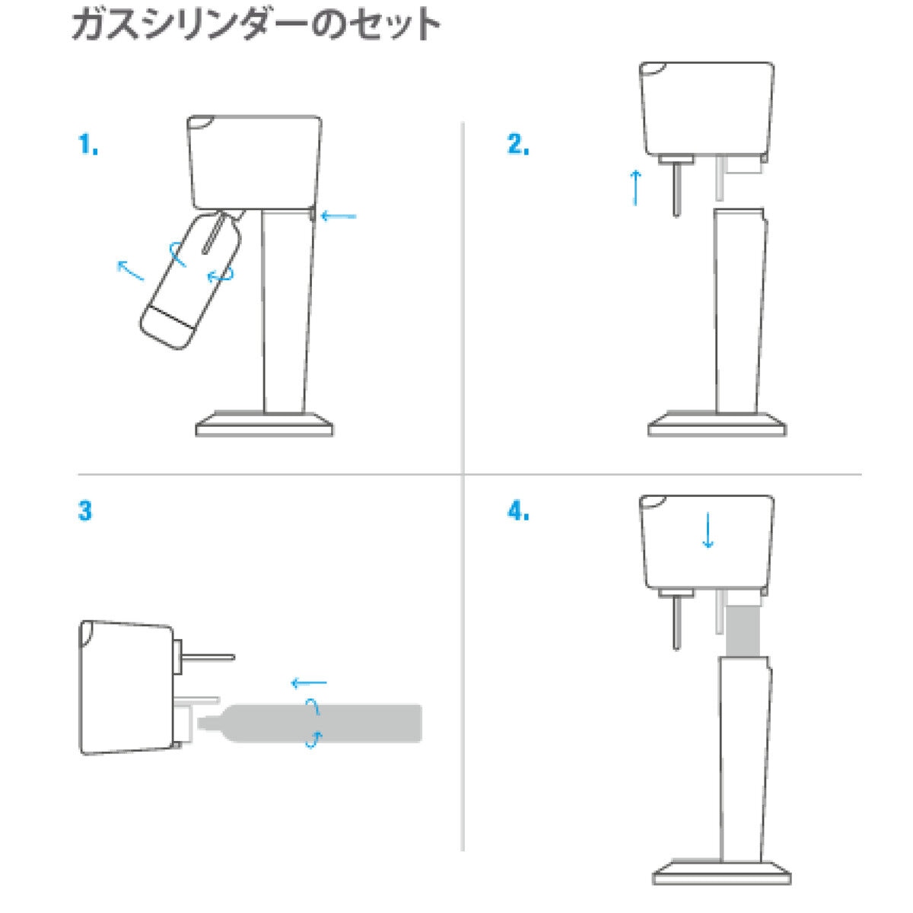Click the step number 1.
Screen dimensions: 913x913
[x=88, y=144]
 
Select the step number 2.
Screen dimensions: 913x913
[x=518, y=144]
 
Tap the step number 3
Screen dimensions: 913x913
[x=85, y=511]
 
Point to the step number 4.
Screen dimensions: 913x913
[x=518, y=511]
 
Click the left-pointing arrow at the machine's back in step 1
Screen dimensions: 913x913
[x=339, y=217]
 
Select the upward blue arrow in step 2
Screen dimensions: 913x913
[x=635, y=188]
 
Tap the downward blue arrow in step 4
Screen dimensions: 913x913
[x=708, y=530]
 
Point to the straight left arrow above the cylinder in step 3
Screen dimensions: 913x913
[x=308, y=682]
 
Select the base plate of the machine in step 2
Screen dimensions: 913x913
[x=717, y=425]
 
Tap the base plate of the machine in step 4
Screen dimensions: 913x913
[x=722, y=872]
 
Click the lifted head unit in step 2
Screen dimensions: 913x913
[x=707, y=110]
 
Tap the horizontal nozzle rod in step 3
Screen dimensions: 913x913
[x=208, y=657]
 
